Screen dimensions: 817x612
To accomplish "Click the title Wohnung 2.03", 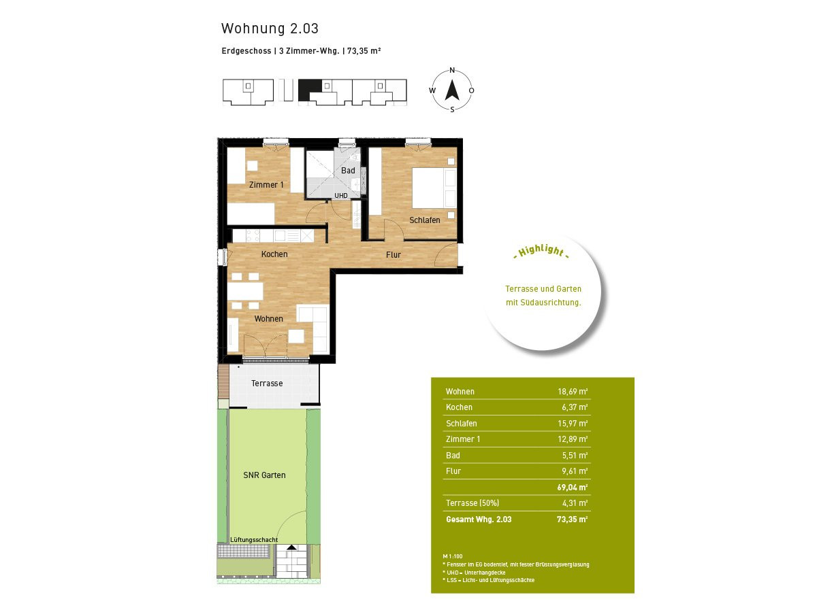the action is pos(270,29).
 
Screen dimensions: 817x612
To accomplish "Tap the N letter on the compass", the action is pos(452,70).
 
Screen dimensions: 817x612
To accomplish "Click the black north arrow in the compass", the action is pos(452,90).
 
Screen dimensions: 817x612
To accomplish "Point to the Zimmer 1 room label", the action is pos(266,185).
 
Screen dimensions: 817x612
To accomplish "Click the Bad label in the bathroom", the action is pos(348,171).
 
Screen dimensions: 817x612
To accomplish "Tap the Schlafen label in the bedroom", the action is pos(425,220).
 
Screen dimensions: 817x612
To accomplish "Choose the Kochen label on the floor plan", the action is pos(274,254).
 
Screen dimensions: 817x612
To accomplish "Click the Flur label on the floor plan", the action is pos(394,254).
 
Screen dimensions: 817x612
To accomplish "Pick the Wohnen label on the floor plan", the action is pos(269,319).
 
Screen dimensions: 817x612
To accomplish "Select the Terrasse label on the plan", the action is pos(267,383).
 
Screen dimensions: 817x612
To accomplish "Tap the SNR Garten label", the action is pos(264,475).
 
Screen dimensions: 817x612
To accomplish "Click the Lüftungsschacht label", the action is pos(254,539).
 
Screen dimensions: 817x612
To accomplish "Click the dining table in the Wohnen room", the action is pos(245,291).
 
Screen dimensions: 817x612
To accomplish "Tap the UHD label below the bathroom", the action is pos(341,195).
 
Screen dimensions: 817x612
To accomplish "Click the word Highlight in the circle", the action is pos(541,251).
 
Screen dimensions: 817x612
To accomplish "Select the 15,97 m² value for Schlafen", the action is pos(573,423).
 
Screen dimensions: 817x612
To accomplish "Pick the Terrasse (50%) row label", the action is pos(472,503).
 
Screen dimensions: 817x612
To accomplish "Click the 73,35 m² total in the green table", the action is pos(572,519).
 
